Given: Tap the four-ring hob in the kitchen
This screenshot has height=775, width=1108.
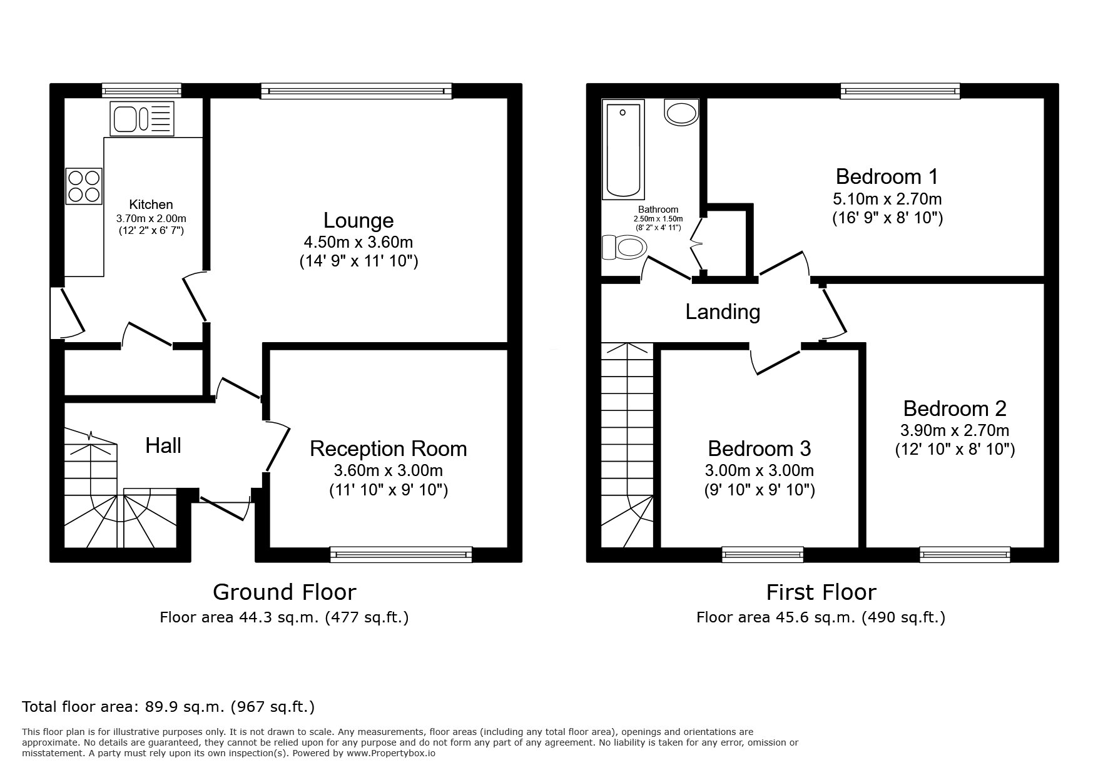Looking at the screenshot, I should [x=84, y=186].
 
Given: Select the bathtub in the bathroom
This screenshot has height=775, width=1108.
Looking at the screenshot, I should [x=623, y=150].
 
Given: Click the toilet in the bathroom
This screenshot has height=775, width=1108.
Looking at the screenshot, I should [x=623, y=248].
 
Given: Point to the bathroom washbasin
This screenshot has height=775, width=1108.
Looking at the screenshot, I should [x=682, y=113].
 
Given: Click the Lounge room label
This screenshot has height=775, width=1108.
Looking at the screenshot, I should [x=358, y=220].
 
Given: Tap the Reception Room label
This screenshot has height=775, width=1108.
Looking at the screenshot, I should [x=388, y=448].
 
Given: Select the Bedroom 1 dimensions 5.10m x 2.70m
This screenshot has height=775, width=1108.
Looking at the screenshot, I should [x=887, y=199].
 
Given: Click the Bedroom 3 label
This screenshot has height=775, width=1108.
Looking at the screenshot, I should [x=759, y=448].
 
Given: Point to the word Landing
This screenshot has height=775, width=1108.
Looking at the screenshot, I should [x=723, y=312].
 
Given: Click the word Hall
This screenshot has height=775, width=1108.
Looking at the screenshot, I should [x=163, y=445].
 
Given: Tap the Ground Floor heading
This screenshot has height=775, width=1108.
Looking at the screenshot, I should [x=284, y=592].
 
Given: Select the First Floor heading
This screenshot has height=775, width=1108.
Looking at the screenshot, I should [x=821, y=592].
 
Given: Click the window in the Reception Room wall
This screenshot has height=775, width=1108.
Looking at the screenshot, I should [x=401, y=553].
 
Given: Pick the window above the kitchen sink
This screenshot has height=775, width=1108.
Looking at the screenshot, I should [x=141, y=91].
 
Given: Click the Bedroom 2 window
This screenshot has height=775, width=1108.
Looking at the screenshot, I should [x=964, y=553].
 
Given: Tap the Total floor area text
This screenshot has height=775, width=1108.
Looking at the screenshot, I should [x=168, y=707].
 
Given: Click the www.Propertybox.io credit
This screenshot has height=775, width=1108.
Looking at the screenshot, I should [x=390, y=753].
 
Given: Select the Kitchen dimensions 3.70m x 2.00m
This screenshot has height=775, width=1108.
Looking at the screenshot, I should [x=151, y=218].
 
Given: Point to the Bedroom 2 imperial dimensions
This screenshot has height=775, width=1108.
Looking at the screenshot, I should [x=954, y=448].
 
